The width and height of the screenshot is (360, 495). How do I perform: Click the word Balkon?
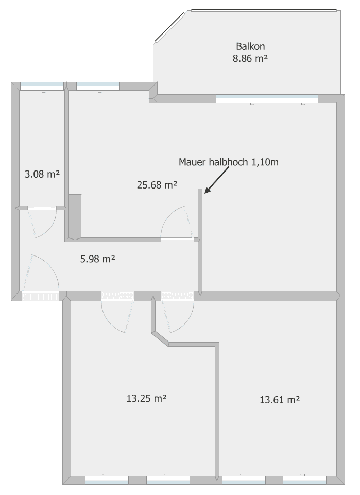(x=250, y=46)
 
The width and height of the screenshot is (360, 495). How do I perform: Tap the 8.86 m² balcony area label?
(x=250, y=58)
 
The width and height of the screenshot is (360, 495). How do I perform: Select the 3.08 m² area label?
(x=42, y=174)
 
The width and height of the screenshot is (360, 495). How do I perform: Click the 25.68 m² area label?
(x=157, y=185)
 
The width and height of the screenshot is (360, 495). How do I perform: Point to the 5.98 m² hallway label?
(x=97, y=259)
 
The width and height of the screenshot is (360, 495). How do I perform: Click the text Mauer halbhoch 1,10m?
(x=229, y=162)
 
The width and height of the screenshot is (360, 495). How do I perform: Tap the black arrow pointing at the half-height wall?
(x=216, y=182)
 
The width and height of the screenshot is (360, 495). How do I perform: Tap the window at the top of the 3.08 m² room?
(x=42, y=86)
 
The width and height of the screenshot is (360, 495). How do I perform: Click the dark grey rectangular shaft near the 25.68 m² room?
(x=75, y=215)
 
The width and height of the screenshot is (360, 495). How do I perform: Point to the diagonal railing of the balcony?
(x=170, y=27)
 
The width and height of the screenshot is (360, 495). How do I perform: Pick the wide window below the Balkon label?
(x=250, y=98)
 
